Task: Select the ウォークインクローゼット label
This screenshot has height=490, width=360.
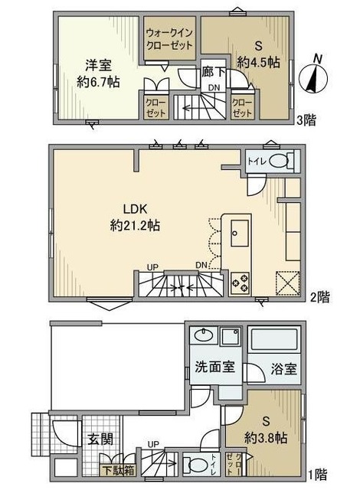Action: (x=171, y=38)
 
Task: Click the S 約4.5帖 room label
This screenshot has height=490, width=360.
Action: (x=254, y=54)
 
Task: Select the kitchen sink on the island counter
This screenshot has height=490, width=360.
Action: (x=236, y=230)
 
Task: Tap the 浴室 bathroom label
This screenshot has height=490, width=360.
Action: (x=283, y=368)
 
